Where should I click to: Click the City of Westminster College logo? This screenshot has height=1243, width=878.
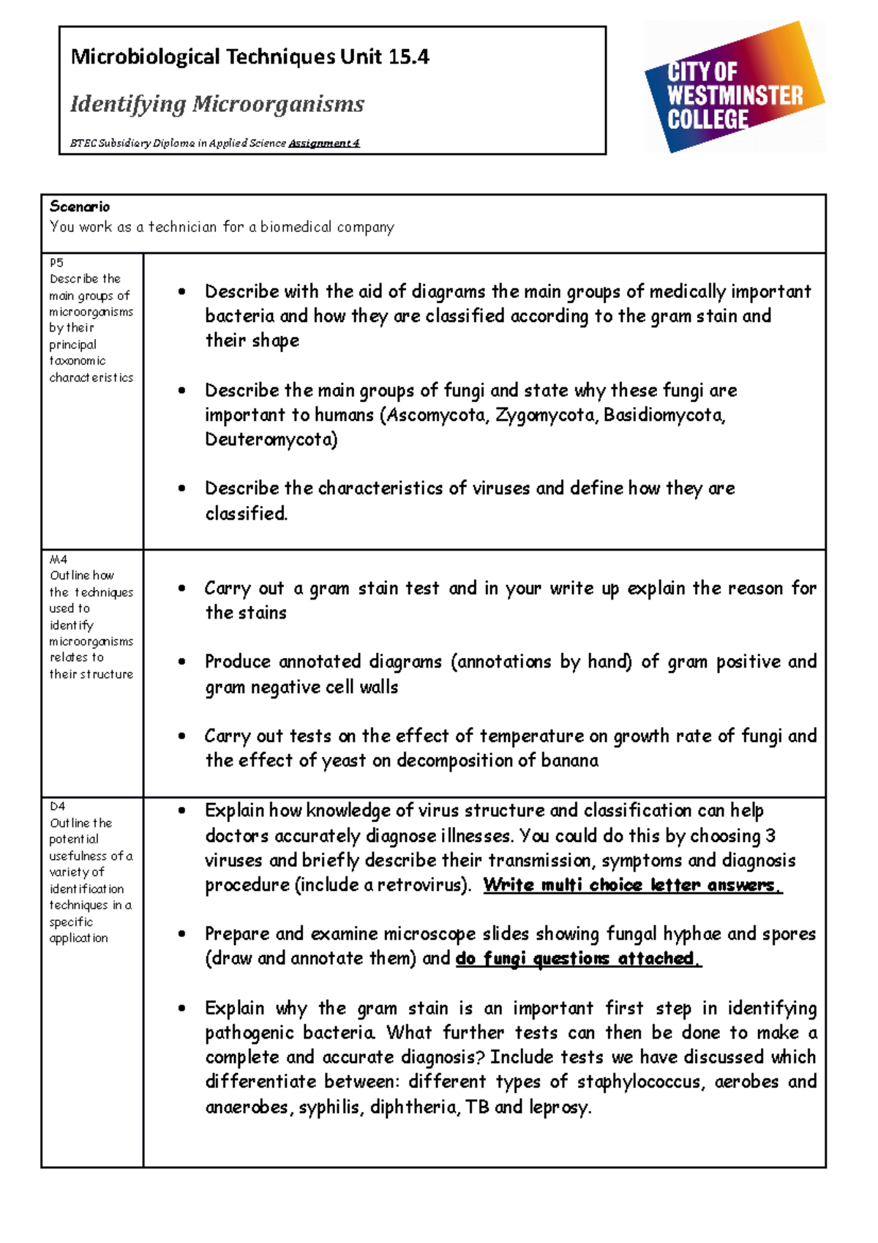(735, 88)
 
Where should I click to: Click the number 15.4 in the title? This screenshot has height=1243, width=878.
(408, 57)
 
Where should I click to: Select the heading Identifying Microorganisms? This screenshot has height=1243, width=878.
(217, 104)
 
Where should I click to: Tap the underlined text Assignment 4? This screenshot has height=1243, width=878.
(324, 143)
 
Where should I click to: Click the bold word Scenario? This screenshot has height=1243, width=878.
(80, 206)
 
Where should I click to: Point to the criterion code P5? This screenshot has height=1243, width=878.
(57, 262)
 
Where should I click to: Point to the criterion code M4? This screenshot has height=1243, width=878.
(59, 559)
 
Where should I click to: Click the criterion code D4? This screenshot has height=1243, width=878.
(58, 806)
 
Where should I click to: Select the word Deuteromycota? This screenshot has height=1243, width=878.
(271, 439)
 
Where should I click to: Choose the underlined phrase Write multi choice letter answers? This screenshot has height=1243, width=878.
(632, 885)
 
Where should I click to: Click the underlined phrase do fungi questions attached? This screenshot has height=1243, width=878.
(578, 958)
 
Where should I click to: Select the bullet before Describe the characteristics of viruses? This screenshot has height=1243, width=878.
(181, 488)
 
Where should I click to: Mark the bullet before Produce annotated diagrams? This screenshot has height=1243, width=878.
(181, 662)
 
